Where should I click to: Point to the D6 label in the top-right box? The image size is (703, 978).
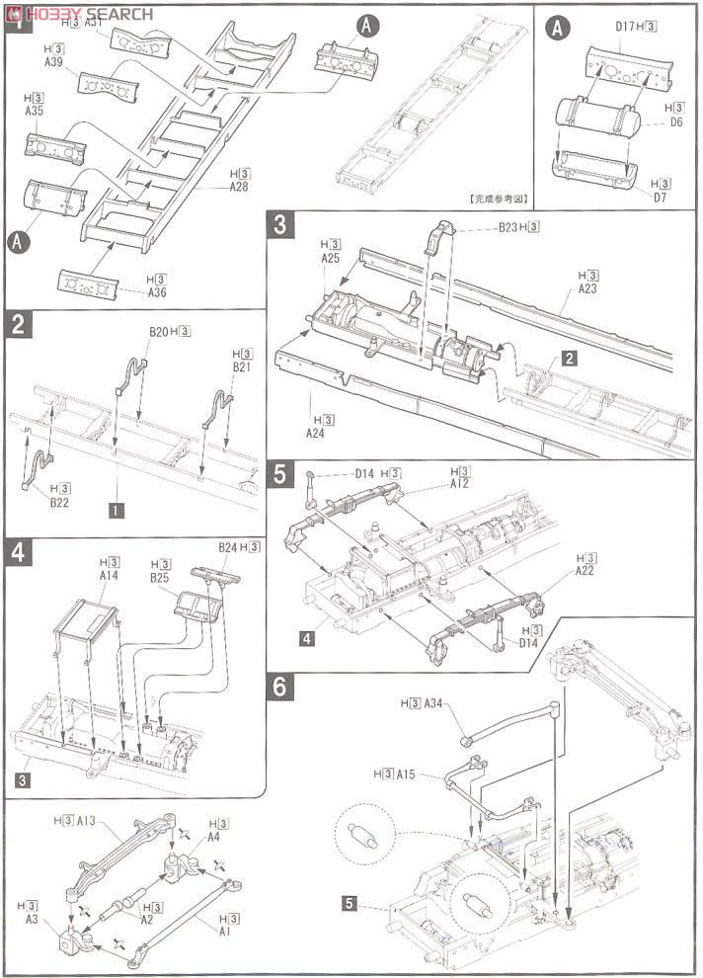point(675,122)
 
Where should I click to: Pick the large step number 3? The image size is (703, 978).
point(280,223)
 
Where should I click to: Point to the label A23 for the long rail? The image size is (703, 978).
point(588,289)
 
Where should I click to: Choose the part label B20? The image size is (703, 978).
point(162,331)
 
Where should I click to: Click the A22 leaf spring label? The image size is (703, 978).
point(586,572)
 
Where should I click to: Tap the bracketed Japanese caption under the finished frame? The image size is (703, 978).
point(497,198)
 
